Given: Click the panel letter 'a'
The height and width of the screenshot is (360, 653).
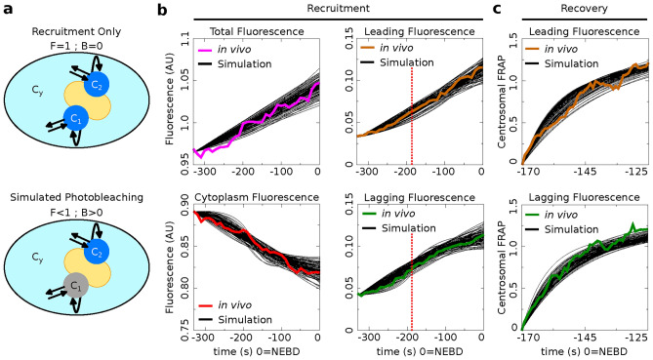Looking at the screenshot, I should point(8,10).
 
